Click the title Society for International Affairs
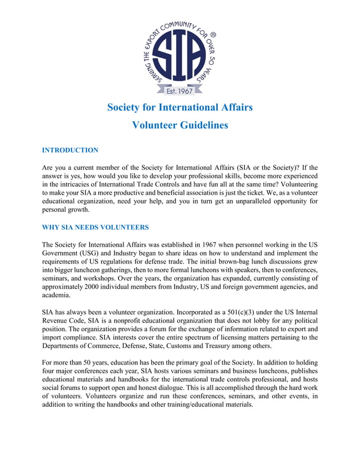[179, 107]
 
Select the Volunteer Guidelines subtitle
[179, 125]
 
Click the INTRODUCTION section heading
[70, 150]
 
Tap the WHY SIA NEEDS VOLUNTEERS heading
[95, 227]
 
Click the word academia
[56, 294]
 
